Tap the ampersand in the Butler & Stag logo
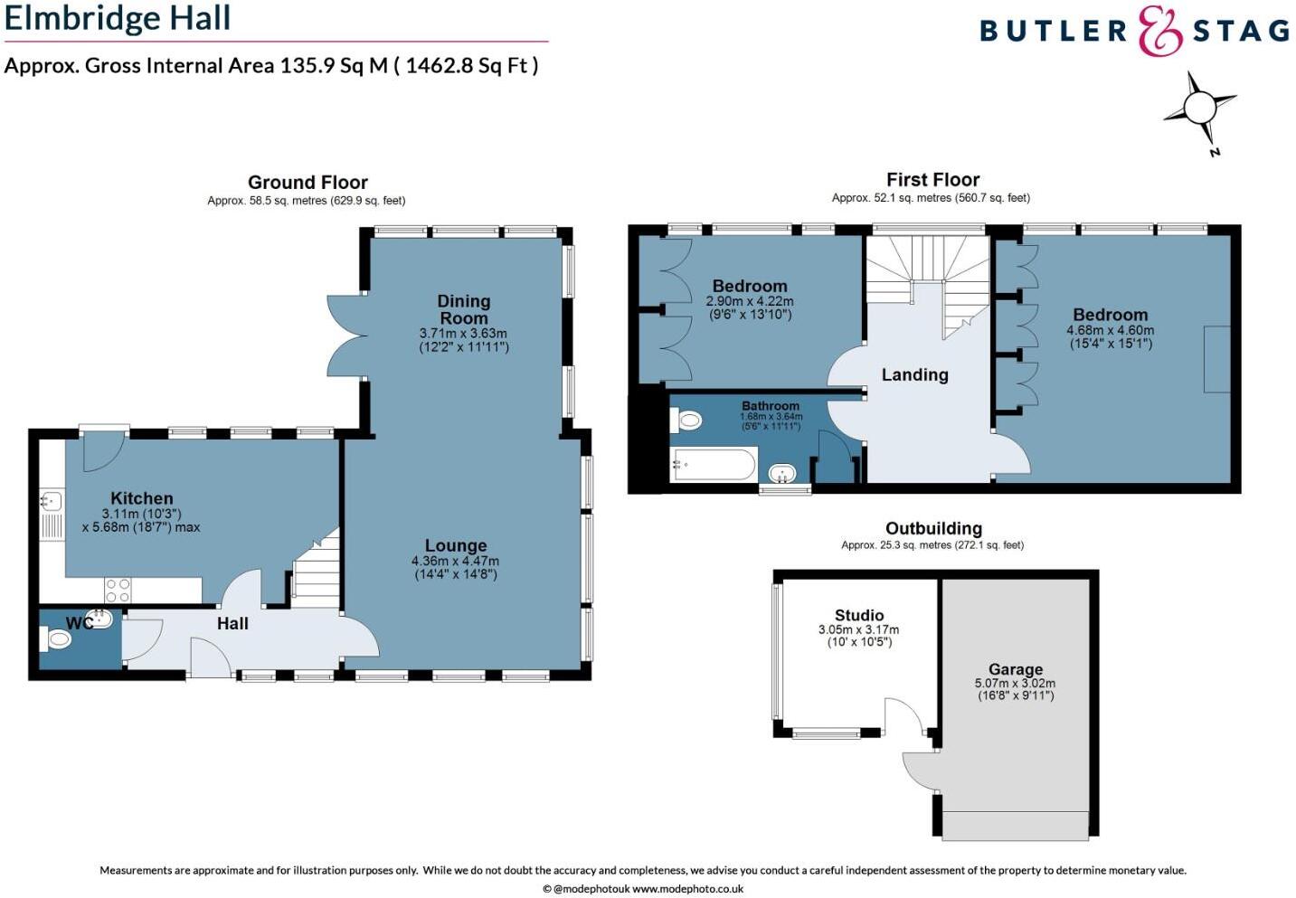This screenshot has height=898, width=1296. (x=1159, y=31)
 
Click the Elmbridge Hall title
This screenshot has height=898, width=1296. (x=118, y=18)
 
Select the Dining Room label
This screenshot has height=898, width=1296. (x=463, y=309)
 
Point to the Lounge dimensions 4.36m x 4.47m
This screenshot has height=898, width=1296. (x=455, y=561)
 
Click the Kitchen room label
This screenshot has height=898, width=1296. (x=142, y=498)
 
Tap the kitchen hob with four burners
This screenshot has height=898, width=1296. (x=118, y=591)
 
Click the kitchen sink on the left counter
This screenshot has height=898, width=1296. (x=51, y=500)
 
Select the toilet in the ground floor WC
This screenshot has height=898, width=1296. (x=57, y=640)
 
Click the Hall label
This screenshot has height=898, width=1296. (x=232, y=623)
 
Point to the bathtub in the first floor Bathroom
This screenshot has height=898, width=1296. (x=714, y=466)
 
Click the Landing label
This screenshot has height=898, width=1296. (x=914, y=374)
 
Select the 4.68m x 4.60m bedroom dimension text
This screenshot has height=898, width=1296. (x=1110, y=331)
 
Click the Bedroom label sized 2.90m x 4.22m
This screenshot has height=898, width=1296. (x=749, y=286)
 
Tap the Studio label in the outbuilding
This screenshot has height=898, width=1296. (x=858, y=615)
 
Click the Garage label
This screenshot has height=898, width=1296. (x=1015, y=669)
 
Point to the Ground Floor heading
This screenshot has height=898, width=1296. (x=307, y=183)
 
